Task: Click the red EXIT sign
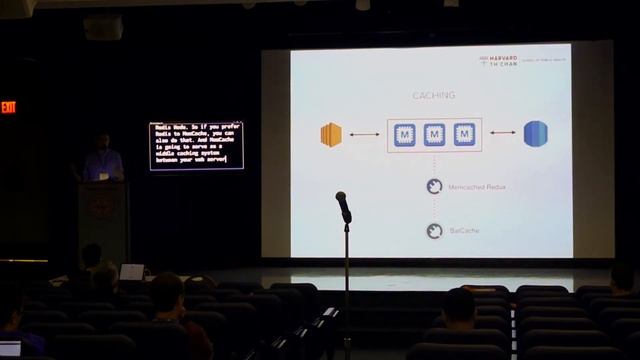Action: coord(8,107)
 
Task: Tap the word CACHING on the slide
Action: coord(434,95)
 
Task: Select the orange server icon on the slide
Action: coord(331,134)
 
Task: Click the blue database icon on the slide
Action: coord(536,133)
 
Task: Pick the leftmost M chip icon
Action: coord(405,134)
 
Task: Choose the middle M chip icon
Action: coord(434,134)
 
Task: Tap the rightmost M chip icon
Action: coord(463,134)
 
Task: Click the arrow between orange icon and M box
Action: coord(364,134)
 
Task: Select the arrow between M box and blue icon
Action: coord(503,133)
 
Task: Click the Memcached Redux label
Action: coord(476,186)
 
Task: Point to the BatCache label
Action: coord(464,231)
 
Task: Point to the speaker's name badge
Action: coord(102,175)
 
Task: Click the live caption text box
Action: coord(196,145)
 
